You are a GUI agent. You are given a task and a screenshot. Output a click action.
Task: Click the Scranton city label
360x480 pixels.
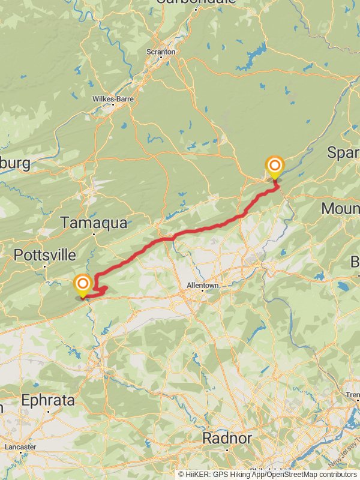[161, 52]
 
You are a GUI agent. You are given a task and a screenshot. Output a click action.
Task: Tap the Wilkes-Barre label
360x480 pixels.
[112, 99]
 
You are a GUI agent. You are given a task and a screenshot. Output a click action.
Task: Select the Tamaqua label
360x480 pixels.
[94, 223]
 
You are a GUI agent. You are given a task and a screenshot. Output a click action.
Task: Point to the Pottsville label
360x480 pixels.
[44, 255]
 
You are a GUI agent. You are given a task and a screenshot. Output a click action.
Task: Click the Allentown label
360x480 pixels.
[202, 286]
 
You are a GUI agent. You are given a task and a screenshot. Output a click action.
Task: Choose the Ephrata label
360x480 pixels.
[49, 400]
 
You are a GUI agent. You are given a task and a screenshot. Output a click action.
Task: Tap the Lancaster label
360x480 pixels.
[20, 447]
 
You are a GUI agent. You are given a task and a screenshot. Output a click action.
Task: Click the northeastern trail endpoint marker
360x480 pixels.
[275, 167]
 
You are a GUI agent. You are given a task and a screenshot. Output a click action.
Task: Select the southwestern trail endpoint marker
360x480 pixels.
[82, 284]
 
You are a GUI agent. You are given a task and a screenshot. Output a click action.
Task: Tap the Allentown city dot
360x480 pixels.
[202, 292]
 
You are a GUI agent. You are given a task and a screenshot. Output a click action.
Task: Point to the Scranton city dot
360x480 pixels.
[161, 59]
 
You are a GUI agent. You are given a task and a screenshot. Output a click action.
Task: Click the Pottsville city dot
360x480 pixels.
[45, 266]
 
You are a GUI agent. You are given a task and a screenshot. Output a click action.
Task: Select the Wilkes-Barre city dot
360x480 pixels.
[112, 106]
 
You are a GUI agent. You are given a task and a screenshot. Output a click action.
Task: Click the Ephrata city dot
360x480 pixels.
[48, 412]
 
